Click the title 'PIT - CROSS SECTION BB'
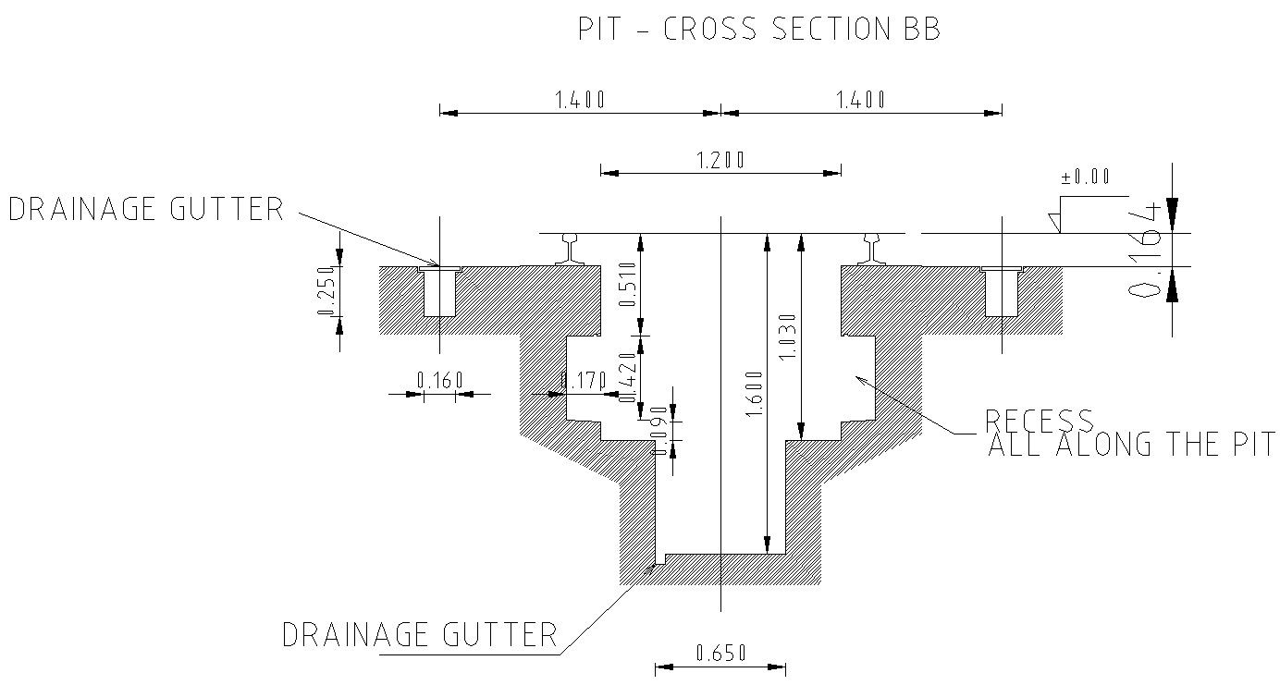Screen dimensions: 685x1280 click(758, 30)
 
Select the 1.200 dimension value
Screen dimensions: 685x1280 click(720, 160)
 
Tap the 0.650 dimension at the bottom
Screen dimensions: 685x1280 click(720, 654)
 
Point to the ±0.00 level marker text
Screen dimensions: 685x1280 click(1086, 177)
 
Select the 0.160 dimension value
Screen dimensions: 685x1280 click(439, 380)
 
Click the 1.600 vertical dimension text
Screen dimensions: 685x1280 click(754, 393)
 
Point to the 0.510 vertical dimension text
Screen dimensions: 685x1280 click(628, 286)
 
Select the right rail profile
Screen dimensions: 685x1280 click(873, 250)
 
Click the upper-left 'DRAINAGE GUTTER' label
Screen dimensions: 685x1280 click(145, 209)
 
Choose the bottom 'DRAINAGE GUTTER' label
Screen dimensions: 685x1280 click(419, 635)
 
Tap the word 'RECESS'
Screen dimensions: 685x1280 click(1039, 421)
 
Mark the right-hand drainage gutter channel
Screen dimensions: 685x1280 click(1002, 291)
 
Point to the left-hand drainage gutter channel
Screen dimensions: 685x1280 click(439, 291)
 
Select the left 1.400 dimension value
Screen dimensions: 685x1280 click(580, 100)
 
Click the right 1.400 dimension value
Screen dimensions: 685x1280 click(861, 100)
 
